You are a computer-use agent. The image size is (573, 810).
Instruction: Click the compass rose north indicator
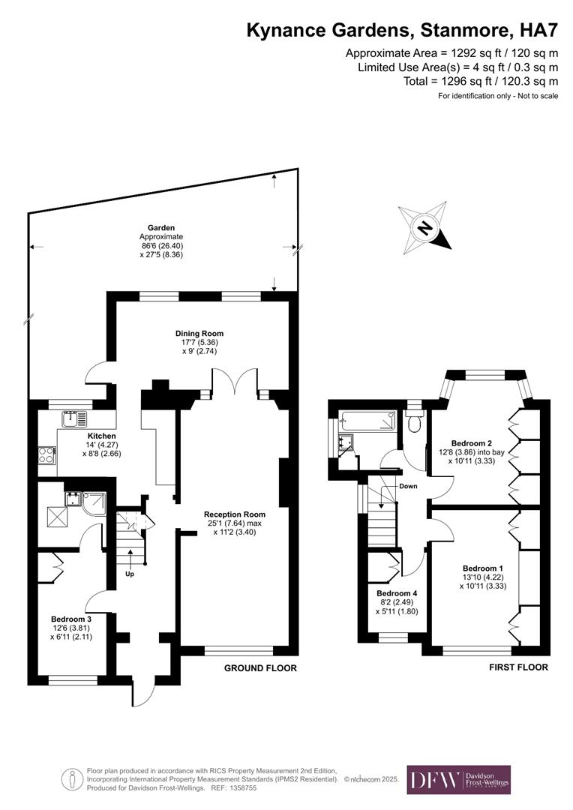click(x=425, y=227)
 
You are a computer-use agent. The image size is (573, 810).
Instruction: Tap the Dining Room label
click(x=199, y=334)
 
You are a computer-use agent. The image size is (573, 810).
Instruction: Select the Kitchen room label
click(x=102, y=436)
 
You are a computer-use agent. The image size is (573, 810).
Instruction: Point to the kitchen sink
click(x=74, y=418)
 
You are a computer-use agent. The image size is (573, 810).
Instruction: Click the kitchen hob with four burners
click(x=46, y=455)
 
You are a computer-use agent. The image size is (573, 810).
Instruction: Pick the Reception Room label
click(x=235, y=514)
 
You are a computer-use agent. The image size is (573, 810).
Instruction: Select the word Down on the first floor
click(x=409, y=486)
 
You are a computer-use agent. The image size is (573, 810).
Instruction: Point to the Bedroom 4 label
click(x=396, y=592)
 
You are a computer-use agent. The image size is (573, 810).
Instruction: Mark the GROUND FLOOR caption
click(x=261, y=668)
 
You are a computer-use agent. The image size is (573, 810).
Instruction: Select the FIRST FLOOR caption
click(x=518, y=667)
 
